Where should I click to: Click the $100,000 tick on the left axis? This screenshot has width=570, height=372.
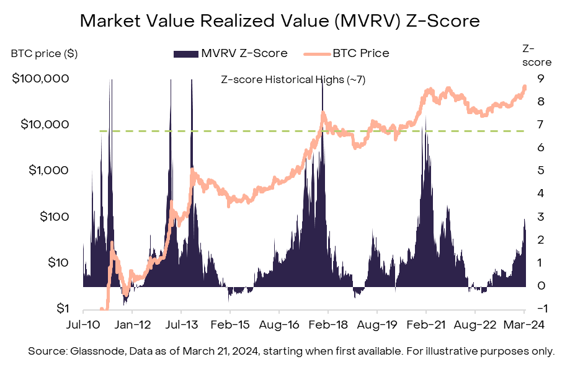39,79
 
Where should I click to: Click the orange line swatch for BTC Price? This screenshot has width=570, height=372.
316,54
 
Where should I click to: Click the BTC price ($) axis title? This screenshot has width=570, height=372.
44,53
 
